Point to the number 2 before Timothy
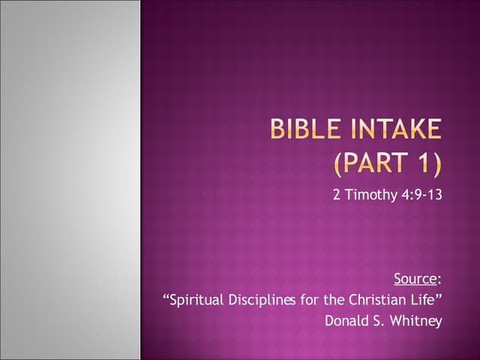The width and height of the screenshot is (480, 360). pyautogui.click(x=337, y=195)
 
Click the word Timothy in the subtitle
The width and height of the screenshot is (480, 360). pyautogui.click(x=371, y=195)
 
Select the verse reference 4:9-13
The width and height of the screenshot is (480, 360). pyautogui.click(x=421, y=195)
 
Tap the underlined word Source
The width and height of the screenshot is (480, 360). pyautogui.click(x=415, y=279)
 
